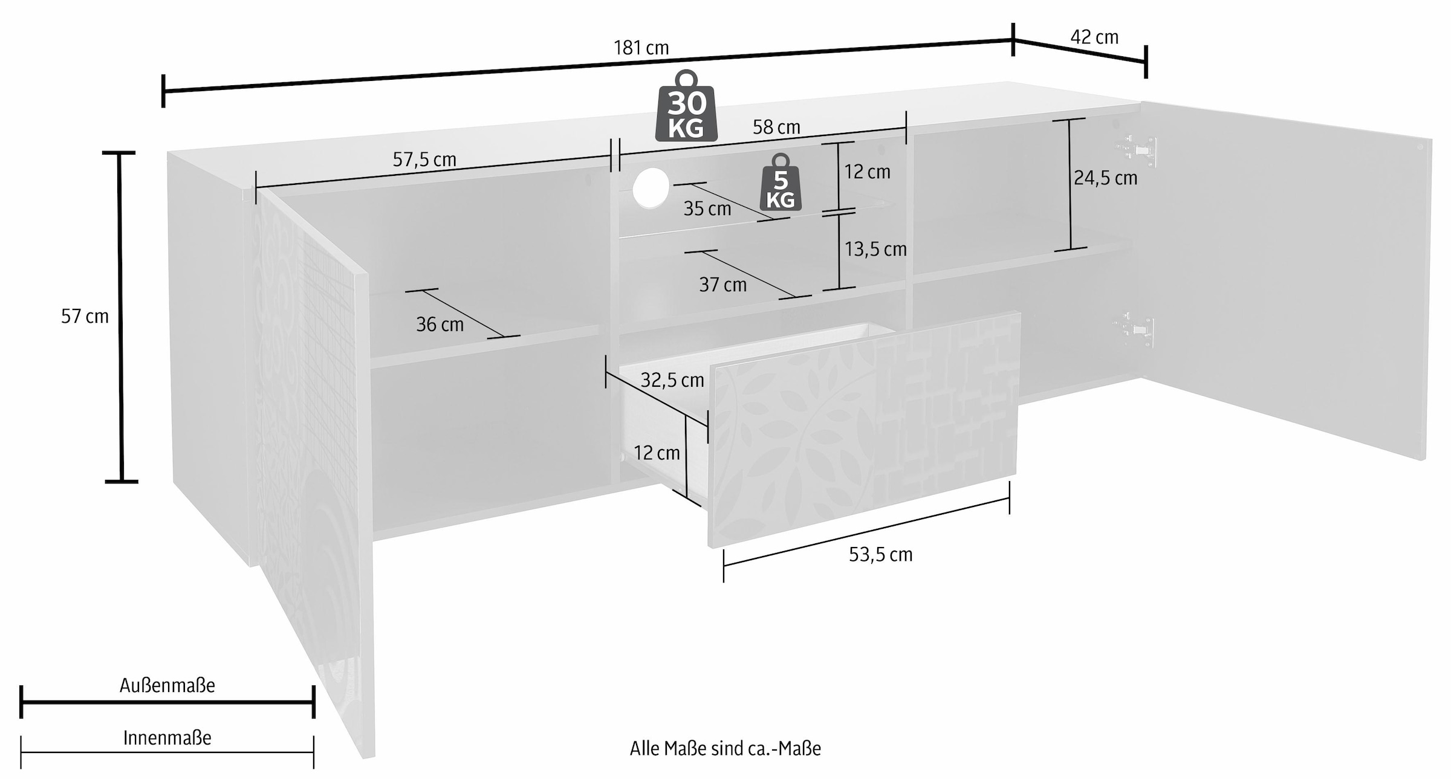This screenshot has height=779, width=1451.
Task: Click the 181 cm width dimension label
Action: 641,48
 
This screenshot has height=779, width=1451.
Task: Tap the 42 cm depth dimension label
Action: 1094,37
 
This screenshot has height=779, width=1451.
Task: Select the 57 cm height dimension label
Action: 85,316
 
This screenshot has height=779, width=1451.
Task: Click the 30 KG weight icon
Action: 686,106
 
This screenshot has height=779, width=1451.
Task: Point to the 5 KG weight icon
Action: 781,182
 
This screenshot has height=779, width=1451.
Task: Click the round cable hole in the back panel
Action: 651,188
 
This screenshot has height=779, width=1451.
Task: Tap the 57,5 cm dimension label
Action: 424,160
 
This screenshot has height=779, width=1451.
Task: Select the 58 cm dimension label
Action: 776,127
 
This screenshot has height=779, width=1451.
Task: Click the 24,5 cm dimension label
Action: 1105,178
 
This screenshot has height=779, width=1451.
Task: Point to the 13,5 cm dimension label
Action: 875,249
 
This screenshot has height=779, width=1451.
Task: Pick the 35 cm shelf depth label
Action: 707,208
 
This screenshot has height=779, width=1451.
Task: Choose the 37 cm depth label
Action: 722,285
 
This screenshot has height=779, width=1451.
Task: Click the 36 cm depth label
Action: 440,325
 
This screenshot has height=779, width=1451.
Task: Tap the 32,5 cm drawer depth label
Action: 672,380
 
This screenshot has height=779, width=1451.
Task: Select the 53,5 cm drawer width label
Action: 880,555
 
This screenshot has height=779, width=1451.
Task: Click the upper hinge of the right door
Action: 1137,149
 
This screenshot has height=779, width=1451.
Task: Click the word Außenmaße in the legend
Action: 167,685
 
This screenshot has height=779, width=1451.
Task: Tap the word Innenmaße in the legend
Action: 167,738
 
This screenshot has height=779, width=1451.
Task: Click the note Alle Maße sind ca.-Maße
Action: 725,749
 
